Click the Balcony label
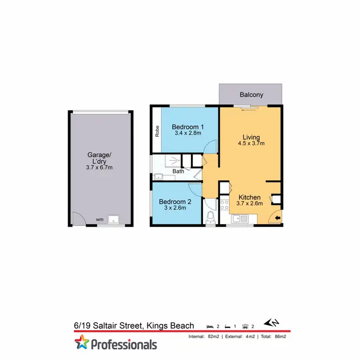coord(252,95)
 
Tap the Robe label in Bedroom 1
coord(157,131)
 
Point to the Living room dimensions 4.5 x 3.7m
coord(251,143)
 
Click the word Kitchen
coord(250,197)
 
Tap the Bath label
coord(178,171)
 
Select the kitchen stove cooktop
coord(224,205)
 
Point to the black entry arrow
coord(279,218)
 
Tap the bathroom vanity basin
coord(158,177)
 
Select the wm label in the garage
coord(99,219)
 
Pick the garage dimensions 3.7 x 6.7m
coord(100,168)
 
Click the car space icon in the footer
coord(246,326)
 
